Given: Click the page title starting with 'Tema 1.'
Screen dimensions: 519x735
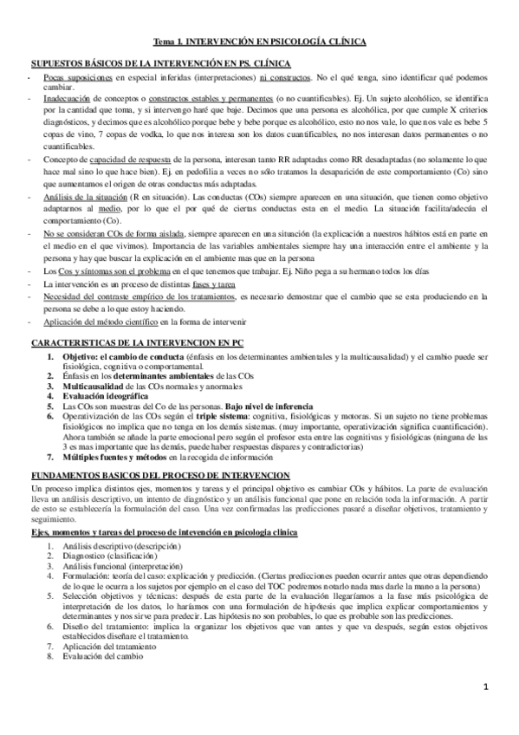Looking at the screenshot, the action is point(260,41).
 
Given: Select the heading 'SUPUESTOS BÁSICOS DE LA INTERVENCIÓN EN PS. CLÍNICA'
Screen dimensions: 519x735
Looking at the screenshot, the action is point(160,65).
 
